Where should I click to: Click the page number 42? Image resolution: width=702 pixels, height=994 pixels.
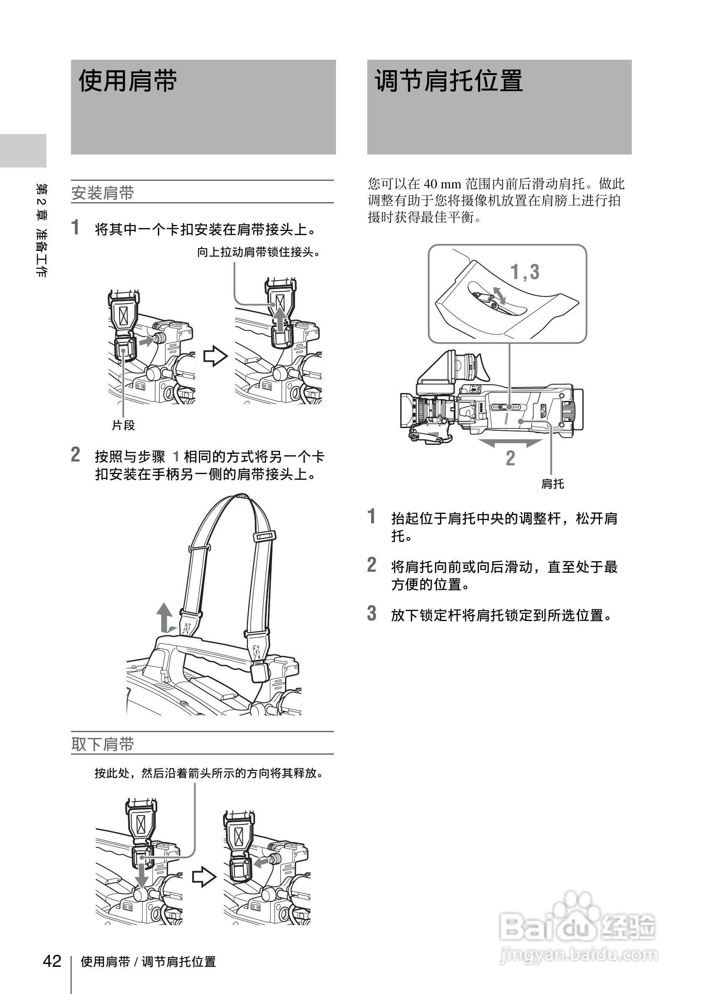pyautogui.click(x=52, y=961)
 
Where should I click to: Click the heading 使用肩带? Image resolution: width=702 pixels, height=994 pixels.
pyautogui.click(x=128, y=81)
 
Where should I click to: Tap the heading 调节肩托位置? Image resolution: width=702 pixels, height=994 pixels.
pyautogui.click(x=449, y=81)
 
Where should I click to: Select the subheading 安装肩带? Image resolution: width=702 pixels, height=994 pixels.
pyautogui.click(x=103, y=193)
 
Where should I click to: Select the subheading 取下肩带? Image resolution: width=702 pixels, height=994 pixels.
pyautogui.click(x=103, y=744)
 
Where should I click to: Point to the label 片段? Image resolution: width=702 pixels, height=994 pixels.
pyautogui.click(x=123, y=426)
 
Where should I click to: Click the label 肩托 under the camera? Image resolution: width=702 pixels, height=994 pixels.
pyautogui.click(x=552, y=484)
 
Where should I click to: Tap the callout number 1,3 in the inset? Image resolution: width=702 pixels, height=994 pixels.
pyautogui.click(x=525, y=272)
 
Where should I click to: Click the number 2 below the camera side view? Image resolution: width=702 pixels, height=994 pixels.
pyautogui.click(x=511, y=458)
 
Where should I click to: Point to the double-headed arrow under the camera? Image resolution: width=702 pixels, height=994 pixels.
pyautogui.click(x=510, y=443)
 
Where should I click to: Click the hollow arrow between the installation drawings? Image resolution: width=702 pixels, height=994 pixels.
pyautogui.click(x=215, y=356)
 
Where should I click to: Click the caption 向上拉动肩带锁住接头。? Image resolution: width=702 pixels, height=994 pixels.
pyautogui.click(x=259, y=252)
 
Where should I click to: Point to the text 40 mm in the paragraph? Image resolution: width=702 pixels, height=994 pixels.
pyautogui.click(x=442, y=184)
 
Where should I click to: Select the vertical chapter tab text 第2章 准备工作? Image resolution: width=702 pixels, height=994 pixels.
pyautogui.click(x=41, y=230)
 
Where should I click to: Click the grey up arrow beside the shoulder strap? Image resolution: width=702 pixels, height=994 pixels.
pyautogui.click(x=164, y=617)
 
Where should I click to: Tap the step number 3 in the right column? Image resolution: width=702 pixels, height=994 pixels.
pyautogui.click(x=371, y=614)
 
